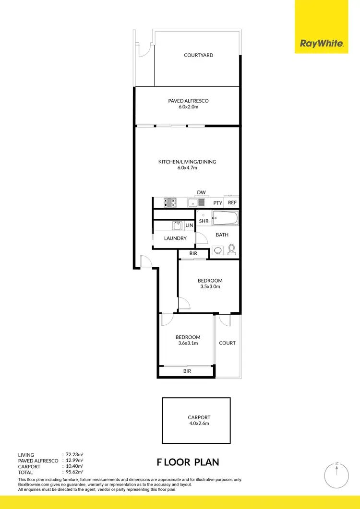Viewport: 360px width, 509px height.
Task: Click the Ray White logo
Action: [x=322, y=44]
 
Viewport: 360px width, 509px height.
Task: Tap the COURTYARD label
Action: [x=198, y=55]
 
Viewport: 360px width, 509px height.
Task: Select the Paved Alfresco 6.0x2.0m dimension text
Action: [x=188, y=107]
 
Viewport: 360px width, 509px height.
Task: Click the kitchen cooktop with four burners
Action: [x=170, y=202]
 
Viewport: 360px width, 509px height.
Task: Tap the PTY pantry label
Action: [x=217, y=203]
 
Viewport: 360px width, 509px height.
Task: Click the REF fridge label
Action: [x=232, y=202]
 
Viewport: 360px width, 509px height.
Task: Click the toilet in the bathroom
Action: [x=232, y=249]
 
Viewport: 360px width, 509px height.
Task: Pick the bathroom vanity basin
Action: [x=217, y=249]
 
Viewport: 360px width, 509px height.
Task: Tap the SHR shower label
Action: [x=204, y=221]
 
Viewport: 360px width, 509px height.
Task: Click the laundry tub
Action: [x=176, y=225]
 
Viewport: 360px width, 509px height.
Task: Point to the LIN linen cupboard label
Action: [x=189, y=225]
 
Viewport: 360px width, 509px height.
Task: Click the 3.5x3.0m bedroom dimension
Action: [x=210, y=287]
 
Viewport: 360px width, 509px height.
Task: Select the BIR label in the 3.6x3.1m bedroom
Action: [x=187, y=371]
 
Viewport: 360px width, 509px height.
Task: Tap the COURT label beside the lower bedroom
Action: [x=227, y=343]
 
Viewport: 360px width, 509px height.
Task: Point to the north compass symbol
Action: [x=337, y=475]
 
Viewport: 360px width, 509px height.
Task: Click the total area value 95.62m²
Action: [x=74, y=473]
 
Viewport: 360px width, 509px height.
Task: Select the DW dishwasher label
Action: [x=201, y=192]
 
